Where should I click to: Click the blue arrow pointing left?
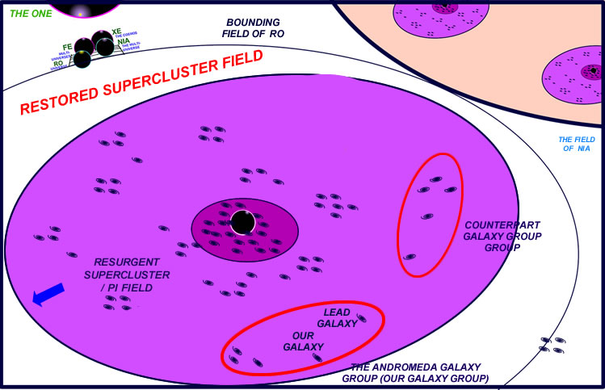point(48,298)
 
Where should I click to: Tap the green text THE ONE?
point(25,14)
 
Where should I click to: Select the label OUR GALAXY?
point(300,342)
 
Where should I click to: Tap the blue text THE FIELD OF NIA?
point(576,145)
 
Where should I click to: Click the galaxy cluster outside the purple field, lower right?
point(552,345)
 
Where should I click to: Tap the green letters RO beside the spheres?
point(58,63)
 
